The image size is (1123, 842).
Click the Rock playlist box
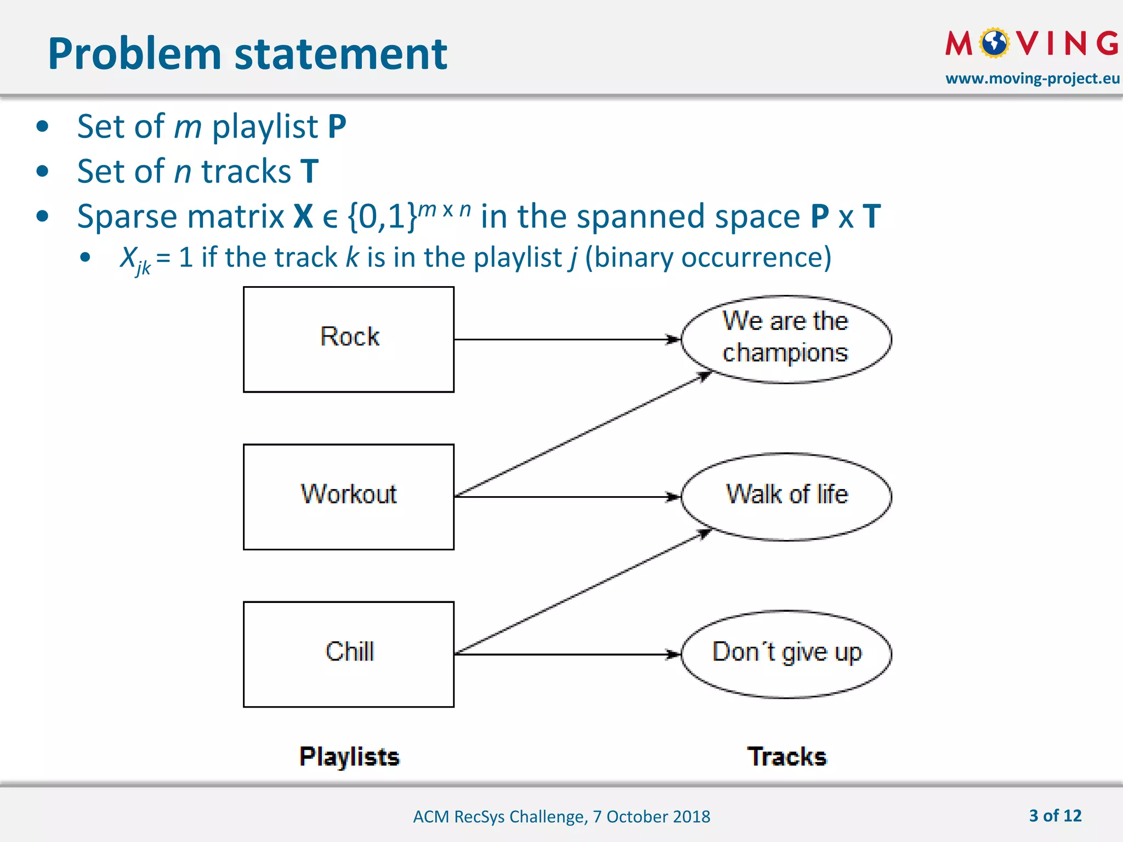(x=349, y=339)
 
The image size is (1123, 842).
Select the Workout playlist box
(x=349, y=497)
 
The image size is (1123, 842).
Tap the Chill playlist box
(x=349, y=655)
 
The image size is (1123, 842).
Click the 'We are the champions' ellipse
(x=786, y=339)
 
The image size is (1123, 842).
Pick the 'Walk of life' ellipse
(x=786, y=497)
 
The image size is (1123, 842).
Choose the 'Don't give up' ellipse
(x=786, y=654)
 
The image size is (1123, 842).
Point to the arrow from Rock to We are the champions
(x=565, y=339)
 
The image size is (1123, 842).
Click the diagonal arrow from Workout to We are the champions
(x=581, y=435)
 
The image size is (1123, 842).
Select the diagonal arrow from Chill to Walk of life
(x=581, y=593)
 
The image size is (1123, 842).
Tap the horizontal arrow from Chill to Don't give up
(x=565, y=654)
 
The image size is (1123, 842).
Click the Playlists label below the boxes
(x=349, y=757)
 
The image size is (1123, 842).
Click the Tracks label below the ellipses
(x=786, y=757)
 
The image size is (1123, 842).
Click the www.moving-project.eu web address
(x=1032, y=78)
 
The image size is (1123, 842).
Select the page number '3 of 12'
(x=1055, y=816)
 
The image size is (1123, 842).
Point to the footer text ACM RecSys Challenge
(x=561, y=817)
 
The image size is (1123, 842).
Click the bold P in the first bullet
(x=337, y=127)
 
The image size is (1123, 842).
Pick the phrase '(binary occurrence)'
(x=708, y=257)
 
